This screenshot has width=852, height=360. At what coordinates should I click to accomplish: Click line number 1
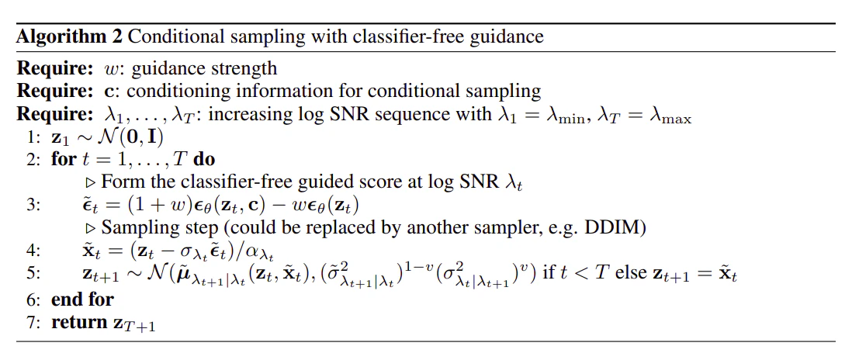29,138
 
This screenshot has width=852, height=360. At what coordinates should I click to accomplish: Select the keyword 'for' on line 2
63,161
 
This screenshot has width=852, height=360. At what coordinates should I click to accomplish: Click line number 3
29,206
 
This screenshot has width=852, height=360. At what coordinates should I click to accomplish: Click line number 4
29,251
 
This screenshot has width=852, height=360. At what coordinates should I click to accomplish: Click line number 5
29,274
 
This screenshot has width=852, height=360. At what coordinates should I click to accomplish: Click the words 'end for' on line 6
82,299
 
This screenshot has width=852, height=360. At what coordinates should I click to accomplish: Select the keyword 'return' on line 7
75,322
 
